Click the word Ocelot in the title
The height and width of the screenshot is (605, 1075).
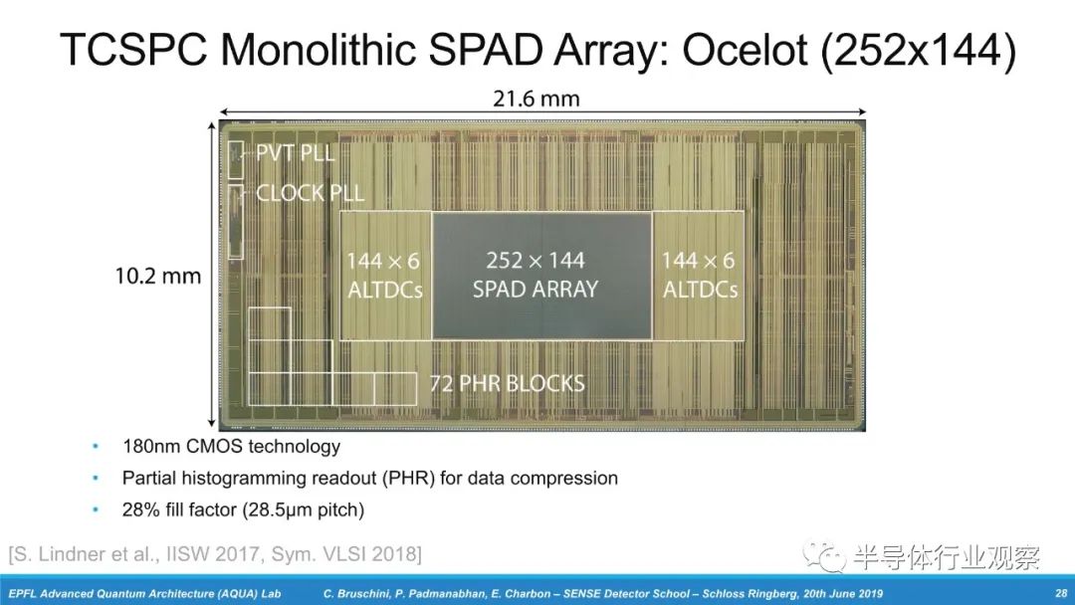(x=745, y=50)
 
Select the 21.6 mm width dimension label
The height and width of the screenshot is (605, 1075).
(x=537, y=99)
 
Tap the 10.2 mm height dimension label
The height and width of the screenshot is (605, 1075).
(x=158, y=276)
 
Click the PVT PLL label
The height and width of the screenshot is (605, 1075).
(x=296, y=152)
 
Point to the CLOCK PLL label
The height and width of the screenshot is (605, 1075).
(x=310, y=193)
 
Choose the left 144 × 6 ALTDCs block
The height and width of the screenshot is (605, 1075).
(x=385, y=276)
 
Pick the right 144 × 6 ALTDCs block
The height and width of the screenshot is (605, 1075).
(x=699, y=276)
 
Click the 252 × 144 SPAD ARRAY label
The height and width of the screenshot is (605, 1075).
(x=536, y=275)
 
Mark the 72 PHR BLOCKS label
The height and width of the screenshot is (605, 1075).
(x=508, y=383)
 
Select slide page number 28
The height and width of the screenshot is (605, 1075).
(x=1061, y=593)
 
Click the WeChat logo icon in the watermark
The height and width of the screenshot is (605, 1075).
(x=824, y=556)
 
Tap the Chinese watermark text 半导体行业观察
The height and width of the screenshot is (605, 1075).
(x=947, y=557)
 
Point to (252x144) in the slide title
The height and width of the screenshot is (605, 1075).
(x=918, y=51)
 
